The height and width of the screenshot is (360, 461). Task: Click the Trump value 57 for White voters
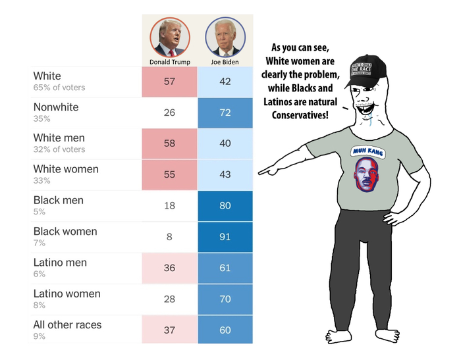coord(169,81)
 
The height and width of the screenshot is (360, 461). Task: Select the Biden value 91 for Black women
coord(225,236)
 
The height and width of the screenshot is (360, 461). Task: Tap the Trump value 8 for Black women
coord(169,236)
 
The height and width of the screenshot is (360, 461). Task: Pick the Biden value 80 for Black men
coord(225,205)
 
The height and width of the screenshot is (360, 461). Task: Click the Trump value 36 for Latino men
coord(169,268)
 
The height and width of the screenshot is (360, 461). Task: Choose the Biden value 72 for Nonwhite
coord(225,113)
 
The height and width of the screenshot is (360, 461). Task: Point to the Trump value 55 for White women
coord(169,174)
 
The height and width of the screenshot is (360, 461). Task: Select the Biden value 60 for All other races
coord(225,330)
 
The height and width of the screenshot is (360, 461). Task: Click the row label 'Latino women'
coord(67,294)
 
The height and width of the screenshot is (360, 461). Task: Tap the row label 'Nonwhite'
coord(55,107)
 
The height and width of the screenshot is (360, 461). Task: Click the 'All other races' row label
coord(67,324)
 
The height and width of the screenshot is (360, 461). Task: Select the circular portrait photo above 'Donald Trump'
coord(169,37)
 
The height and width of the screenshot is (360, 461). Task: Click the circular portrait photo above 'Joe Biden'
coord(225,37)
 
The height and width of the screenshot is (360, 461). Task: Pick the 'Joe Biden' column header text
coord(225,62)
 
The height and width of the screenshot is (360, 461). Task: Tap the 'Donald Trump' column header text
coord(169,62)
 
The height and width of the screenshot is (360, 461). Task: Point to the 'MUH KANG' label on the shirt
coord(371,149)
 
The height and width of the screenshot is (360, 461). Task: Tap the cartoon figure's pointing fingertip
coord(261,172)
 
